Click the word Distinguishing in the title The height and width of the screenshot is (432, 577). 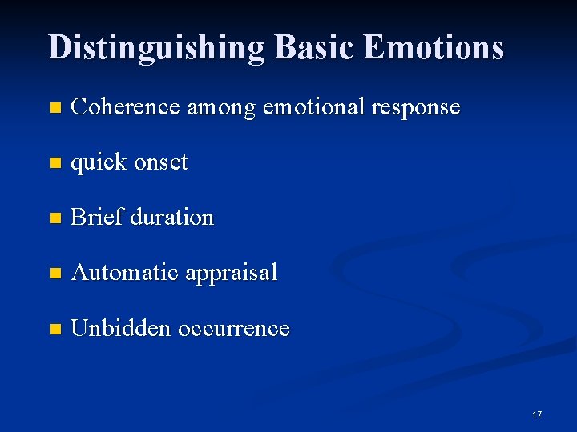pyautogui.click(x=156, y=47)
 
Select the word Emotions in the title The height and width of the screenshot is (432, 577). pyautogui.click(x=433, y=47)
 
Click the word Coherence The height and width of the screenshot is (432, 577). pyautogui.click(x=125, y=106)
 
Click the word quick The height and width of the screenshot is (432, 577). pyautogui.click(x=99, y=162)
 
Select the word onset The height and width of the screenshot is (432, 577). pyautogui.click(x=161, y=162)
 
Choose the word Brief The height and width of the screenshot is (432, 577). pyautogui.click(x=97, y=217)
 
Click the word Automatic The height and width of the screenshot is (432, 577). pyautogui.click(x=125, y=272)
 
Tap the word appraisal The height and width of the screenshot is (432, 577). pyautogui.click(x=232, y=274)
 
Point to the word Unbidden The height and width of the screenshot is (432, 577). pyautogui.click(x=121, y=328)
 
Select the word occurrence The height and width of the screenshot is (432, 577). pyautogui.click(x=233, y=328)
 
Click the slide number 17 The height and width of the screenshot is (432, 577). pyautogui.click(x=537, y=414)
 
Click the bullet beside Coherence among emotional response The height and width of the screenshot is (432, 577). pyautogui.click(x=54, y=108)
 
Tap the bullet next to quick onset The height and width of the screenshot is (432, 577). pyautogui.click(x=54, y=163)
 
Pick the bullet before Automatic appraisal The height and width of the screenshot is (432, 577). pyautogui.click(x=54, y=274)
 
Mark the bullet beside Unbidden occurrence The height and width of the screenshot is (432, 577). pyautogui.click(x=54, y=329)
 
